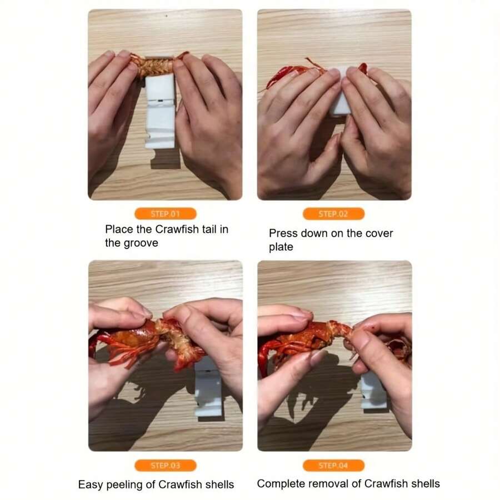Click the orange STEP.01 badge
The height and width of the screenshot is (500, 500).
click(x=165, y=214)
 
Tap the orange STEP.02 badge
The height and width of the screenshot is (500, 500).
click(x=333, y=214)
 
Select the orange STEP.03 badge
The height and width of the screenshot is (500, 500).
click(x=165, y=466)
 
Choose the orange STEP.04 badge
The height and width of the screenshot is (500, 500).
click(x=333, y=466)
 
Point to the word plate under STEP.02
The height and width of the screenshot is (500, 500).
click(x=281, y=247)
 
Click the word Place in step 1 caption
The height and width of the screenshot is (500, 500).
click(x=119, y=229)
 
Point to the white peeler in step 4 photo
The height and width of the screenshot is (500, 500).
click(x=373, y=390)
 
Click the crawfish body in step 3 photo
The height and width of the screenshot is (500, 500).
click(x=136, y=339)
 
